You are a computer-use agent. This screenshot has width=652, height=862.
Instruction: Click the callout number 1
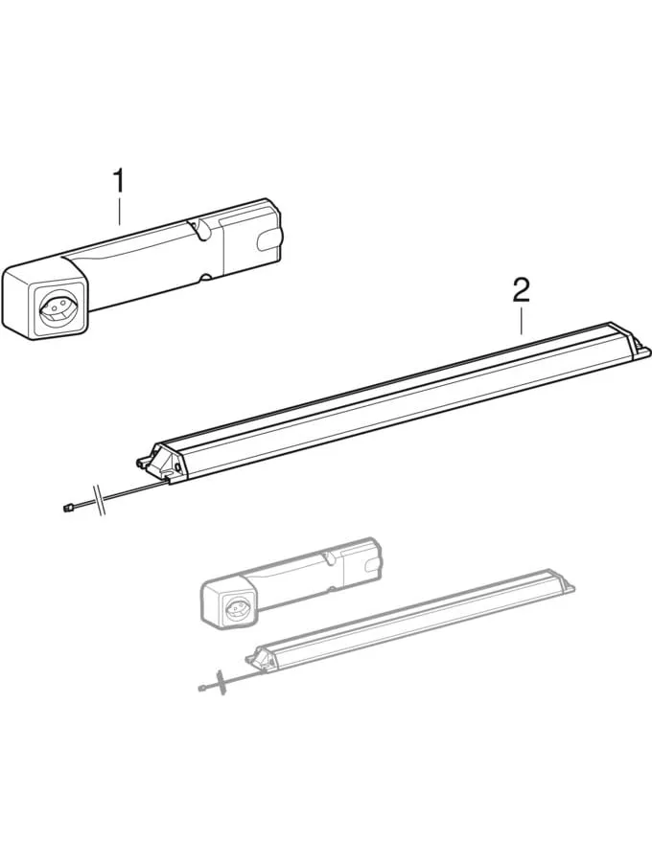pos(119,180)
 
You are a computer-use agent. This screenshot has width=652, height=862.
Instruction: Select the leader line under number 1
pos(119,211)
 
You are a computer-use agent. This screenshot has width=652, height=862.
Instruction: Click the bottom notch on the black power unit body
pos(203,278)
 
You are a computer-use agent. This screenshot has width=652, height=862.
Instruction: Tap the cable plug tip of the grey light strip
pos(202,688)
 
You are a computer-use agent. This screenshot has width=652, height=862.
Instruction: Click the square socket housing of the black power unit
pos(43,302)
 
